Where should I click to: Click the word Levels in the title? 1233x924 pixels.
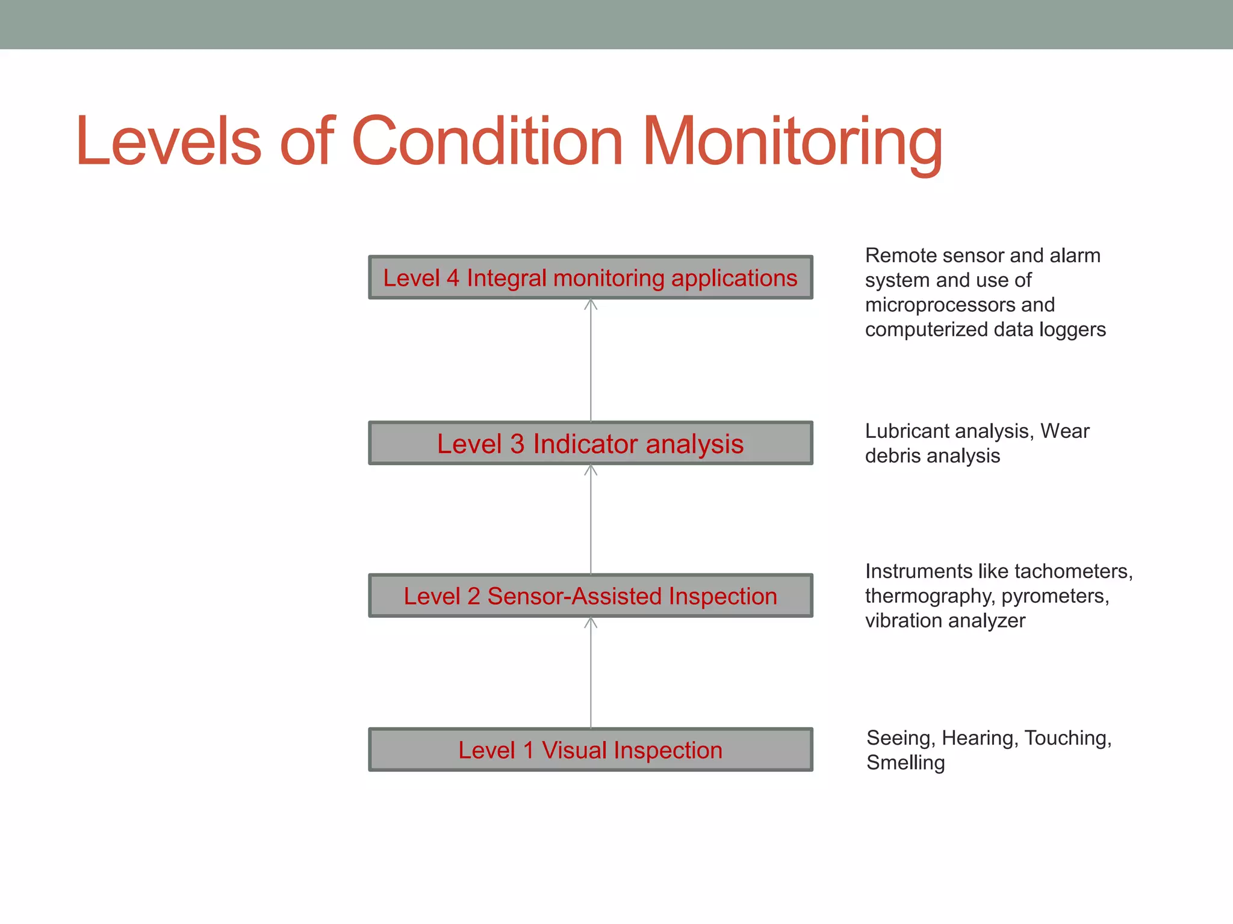(169, 142)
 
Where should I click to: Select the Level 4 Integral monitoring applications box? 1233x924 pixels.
(590, 278)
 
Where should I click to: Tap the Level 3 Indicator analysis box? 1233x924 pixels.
(590, 443)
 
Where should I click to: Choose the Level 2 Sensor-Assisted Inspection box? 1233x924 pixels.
(590, 596)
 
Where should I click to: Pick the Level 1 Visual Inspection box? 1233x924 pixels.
(590, 750)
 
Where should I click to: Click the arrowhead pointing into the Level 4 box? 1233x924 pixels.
(591, 304)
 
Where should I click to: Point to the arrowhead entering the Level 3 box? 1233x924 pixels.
(591, 470)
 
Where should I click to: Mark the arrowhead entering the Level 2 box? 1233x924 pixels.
(591, 623)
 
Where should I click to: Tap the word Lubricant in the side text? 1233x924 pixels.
(909, 431)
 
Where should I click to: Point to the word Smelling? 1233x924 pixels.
(905, 763)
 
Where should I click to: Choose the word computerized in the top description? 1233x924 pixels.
(927, 330)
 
